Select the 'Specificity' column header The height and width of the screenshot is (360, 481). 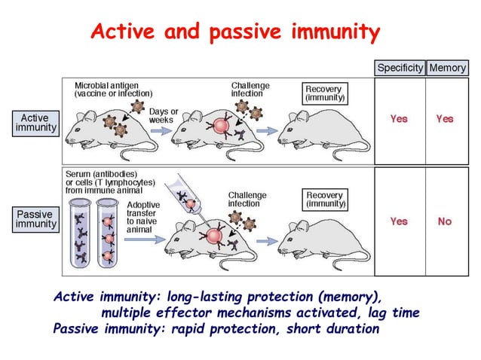point(400,68)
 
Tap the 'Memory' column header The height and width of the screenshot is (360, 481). point(448,68)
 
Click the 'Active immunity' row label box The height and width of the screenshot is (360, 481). point(35,124)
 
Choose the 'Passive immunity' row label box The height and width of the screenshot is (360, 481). point(35,219)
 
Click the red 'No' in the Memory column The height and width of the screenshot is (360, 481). point(445,221)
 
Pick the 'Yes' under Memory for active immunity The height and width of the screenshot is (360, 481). point(445,119)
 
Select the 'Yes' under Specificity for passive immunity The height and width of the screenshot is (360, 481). point(399,221)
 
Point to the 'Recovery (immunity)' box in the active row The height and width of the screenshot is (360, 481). point(325,93)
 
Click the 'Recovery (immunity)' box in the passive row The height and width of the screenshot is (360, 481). point(325,200)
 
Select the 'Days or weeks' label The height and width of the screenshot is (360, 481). point(164,116)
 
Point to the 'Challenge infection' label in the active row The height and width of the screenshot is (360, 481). point(250,89)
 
